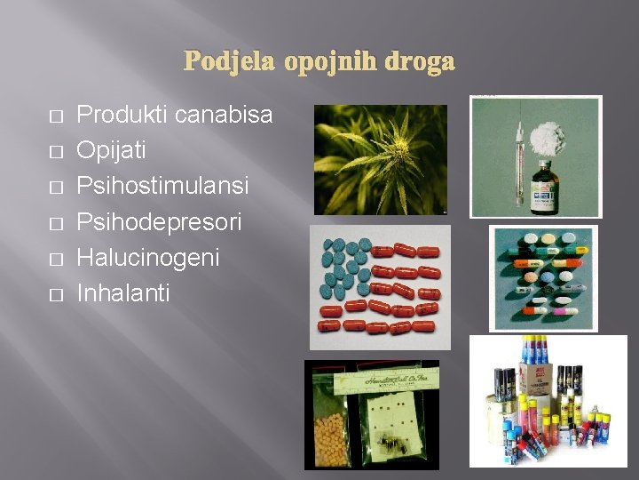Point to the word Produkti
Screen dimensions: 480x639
122,115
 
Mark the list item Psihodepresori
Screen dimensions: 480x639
159,222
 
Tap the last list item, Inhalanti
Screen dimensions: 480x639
122,292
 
